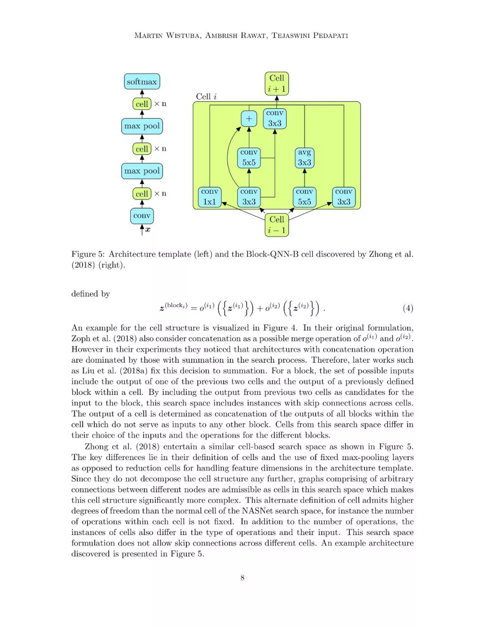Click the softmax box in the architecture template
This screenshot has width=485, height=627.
(142, 82)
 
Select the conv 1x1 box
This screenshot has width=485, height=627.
(210, 197)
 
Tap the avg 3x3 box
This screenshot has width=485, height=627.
(304, 158)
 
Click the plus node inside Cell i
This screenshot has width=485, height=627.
(249, 119)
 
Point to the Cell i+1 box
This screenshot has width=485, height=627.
(277, 83)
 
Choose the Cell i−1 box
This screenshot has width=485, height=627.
(277, 225)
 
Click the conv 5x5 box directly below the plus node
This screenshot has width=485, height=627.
(249, 158)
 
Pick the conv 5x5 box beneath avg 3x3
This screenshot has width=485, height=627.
(304, 197)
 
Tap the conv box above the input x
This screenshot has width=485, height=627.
(142, 216)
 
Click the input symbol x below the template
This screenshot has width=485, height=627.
(148, 230)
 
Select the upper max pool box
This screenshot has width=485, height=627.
(142, 126)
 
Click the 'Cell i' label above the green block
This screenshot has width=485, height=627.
(206, 96)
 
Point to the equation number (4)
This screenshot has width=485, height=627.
(408, 308)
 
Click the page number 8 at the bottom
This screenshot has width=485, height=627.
(242, 578)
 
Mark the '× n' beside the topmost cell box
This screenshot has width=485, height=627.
(160, 104)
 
